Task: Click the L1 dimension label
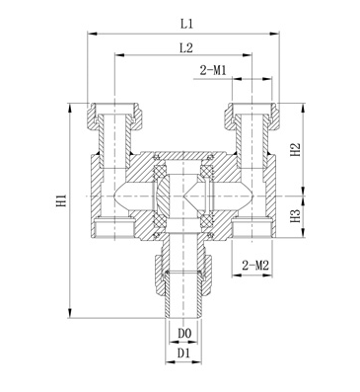(186, 24)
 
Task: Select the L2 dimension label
(186, 47)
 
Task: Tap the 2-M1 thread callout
(213, 70)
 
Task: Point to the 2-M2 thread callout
(255, 266)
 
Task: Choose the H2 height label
(296, 150)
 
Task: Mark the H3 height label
(296, 216)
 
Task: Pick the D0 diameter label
(184, 334)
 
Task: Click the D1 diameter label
(184, 353)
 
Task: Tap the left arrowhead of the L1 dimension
(92, 34)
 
